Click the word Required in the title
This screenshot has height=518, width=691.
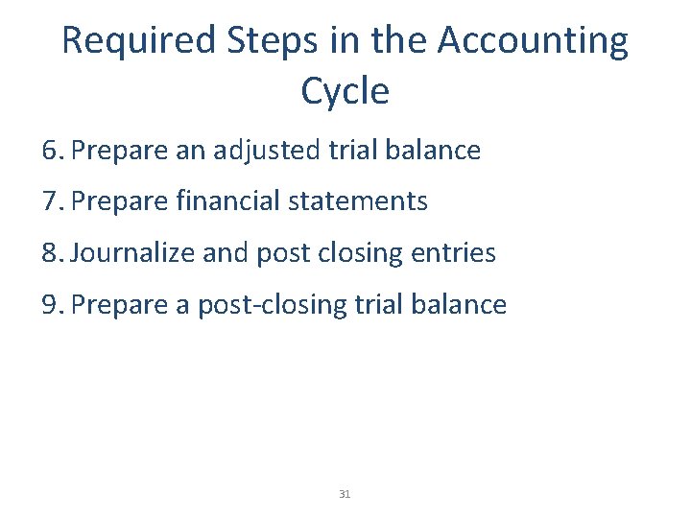tap(139, 41)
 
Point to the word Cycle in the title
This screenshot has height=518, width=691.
tap(345, 91)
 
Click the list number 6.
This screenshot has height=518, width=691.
tap(52, 151)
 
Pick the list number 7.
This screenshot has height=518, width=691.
tap(52, 201)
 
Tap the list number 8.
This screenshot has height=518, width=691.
tap(52, 253)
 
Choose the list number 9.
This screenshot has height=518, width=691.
tap(52, 305)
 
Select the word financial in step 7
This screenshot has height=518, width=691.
tap(220, 201)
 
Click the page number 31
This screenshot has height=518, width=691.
tap(345, 494)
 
